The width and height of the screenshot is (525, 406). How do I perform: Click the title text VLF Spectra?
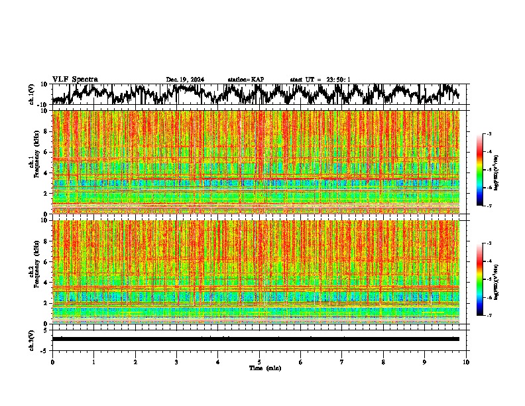pyautogui.click(x=75, y=79)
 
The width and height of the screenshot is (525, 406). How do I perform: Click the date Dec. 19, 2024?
pyautogui.click(x=185, y=80)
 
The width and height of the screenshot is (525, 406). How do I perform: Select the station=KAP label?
pyautogui.click(x=245, y=80)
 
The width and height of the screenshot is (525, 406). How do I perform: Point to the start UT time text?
pyautogui.click(x=320, y=80)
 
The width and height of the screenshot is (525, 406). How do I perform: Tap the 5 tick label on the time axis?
pyautogui.click(x=259, y=362)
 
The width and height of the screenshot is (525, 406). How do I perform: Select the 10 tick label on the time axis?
pyautogui.click(x=466, y=362)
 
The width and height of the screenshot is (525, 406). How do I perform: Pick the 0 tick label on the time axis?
pyautogui.click(x=52, y=362)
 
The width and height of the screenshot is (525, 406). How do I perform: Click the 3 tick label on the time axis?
pyautogui.click(x=176, y=362)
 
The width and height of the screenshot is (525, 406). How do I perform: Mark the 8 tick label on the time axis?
pyautogui.click(x=383, y=362)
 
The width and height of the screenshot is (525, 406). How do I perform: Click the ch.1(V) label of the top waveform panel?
pyautogui.click(x=32, y=94)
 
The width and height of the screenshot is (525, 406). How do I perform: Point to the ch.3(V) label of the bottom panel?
pyautogui.click(x=32, y=339)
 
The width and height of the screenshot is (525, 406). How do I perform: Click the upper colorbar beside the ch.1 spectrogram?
pyautogui.click(x=485, y=170)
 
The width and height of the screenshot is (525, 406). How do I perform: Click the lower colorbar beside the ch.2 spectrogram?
pyautogui.click(x=485, y=279)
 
